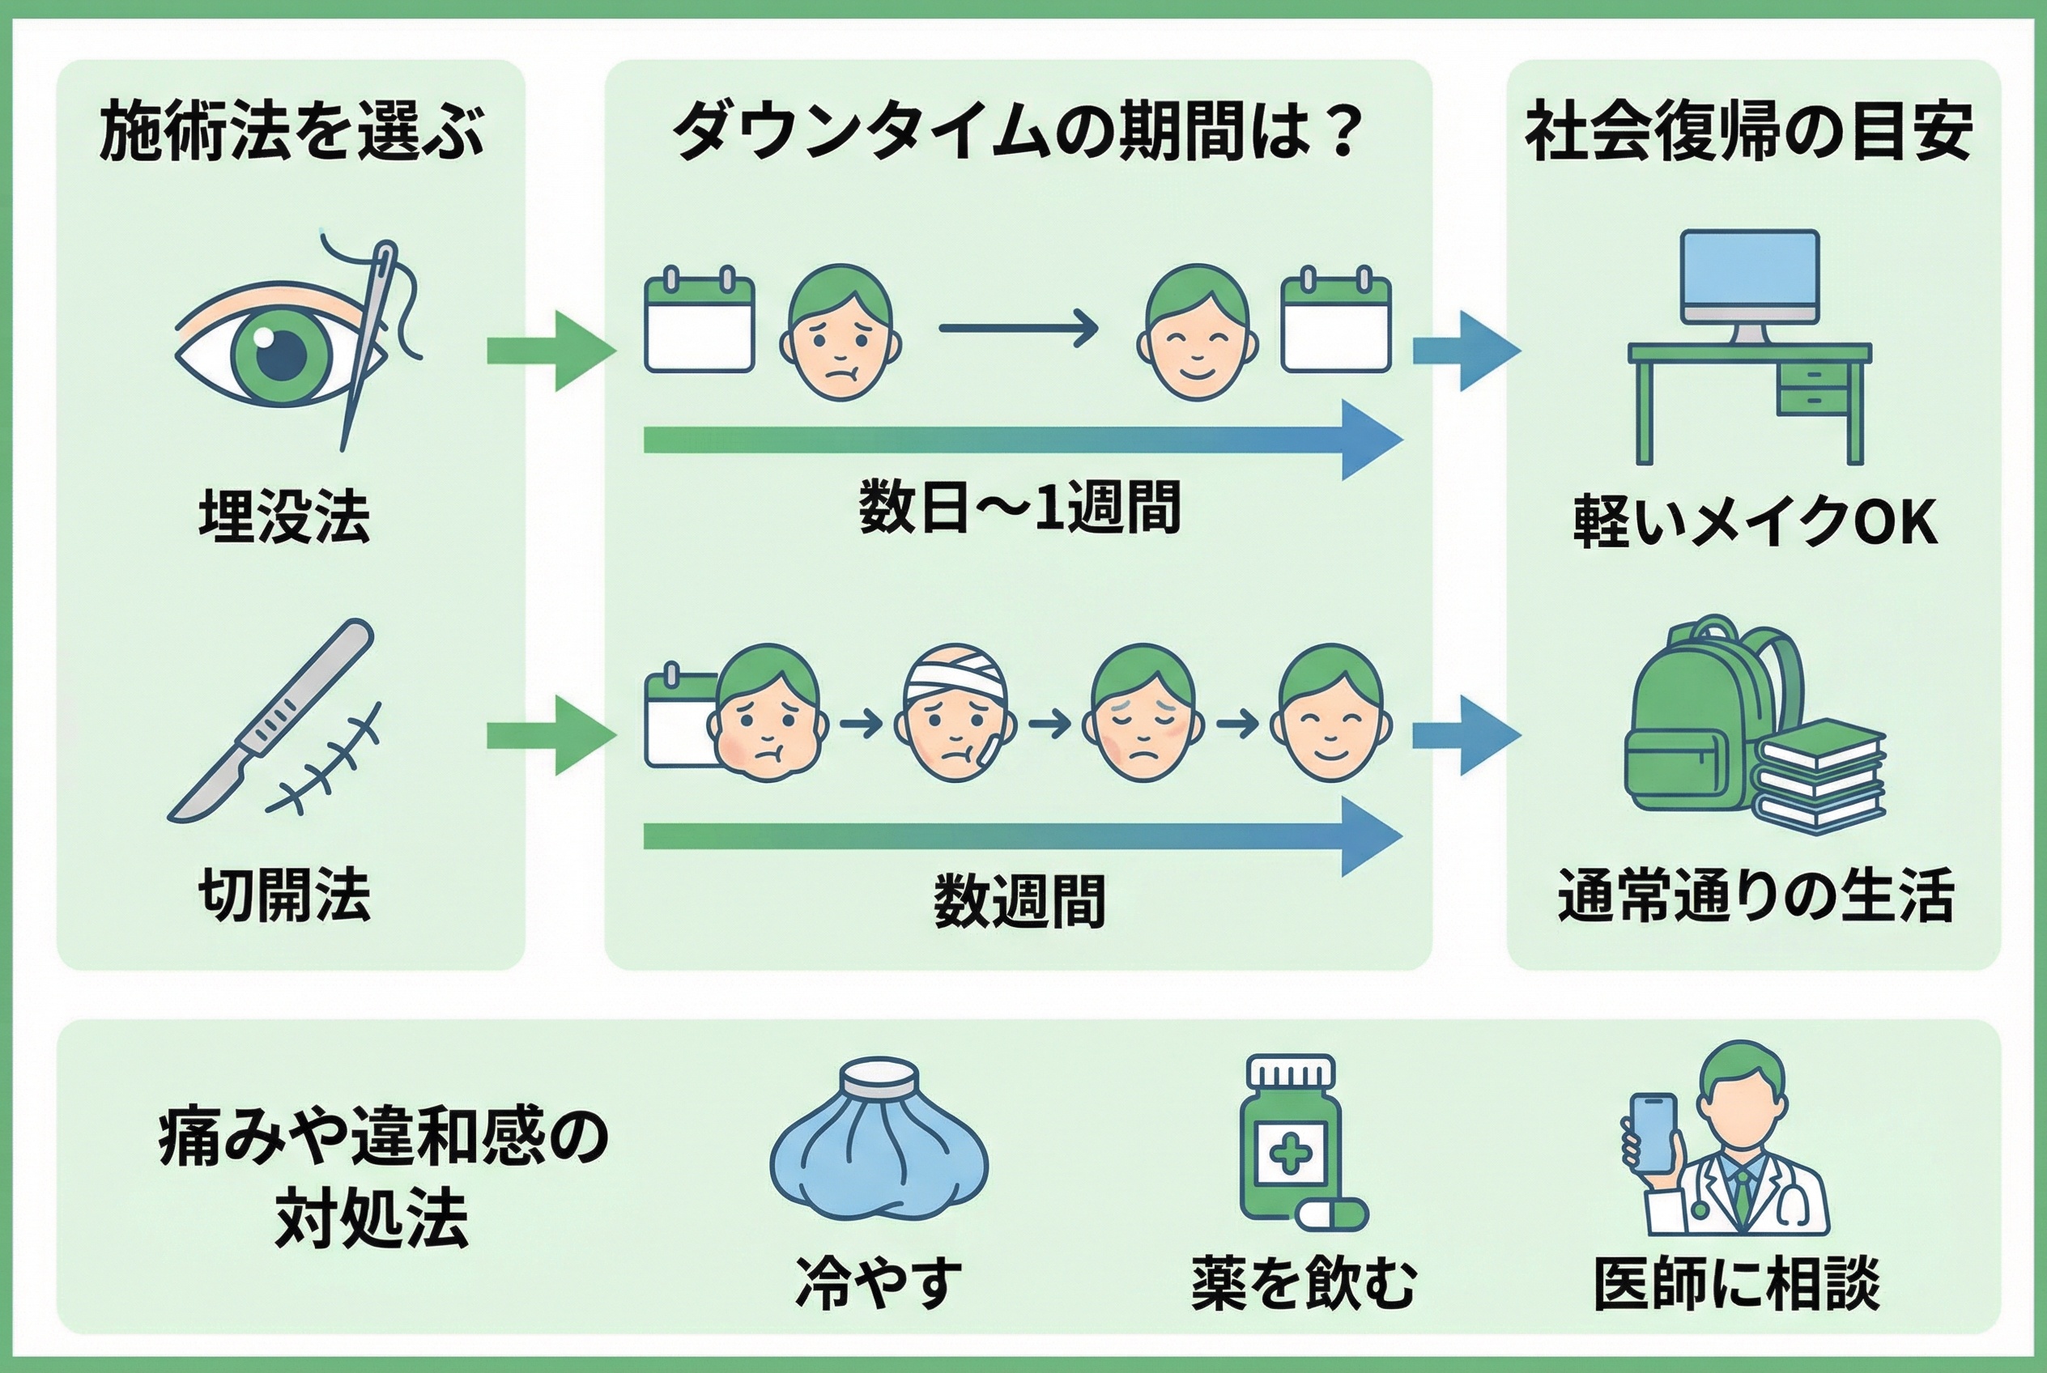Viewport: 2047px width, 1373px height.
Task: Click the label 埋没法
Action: point(285,516)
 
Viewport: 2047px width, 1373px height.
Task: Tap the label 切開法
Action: point(285,895)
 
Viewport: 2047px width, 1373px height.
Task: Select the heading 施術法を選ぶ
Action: point(292,131)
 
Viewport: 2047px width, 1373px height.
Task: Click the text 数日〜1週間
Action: point(1019,508)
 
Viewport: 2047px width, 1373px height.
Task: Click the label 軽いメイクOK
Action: point(1755,522)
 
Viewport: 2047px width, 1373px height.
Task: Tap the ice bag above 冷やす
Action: point(879,1144)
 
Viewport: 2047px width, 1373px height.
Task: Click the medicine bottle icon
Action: point(1290,1138)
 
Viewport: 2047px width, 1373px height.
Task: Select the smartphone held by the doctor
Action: point(1653,1133)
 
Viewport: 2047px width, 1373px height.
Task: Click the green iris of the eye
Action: point(282,354)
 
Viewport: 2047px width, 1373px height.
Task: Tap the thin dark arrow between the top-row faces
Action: point(1018,329)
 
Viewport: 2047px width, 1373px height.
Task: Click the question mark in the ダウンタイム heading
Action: point(1341,131)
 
